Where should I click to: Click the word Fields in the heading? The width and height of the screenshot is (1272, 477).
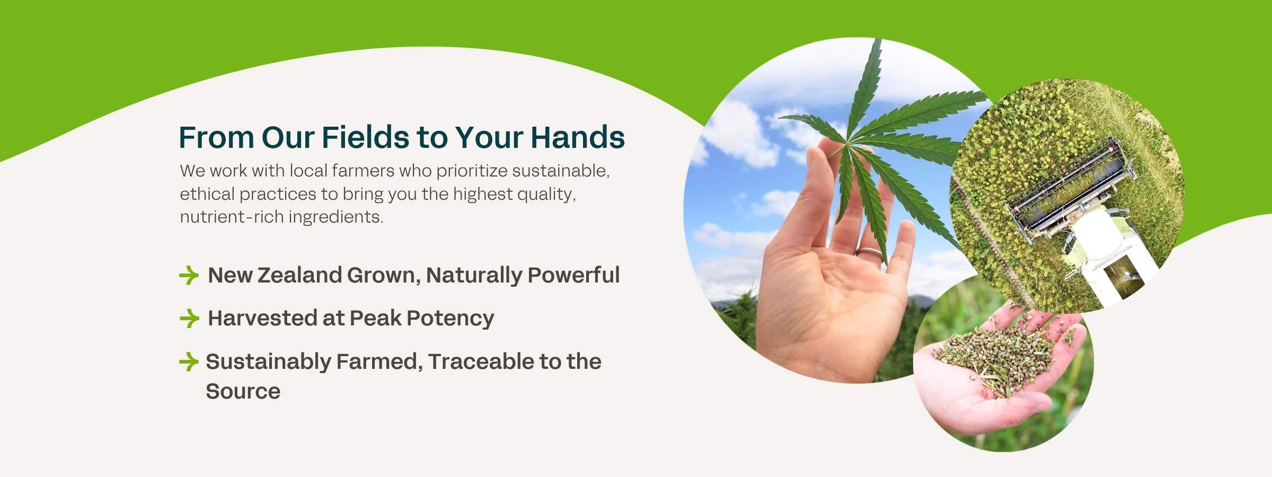tap(365, 137)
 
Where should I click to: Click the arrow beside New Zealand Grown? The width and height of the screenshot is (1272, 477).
tap(189, 275)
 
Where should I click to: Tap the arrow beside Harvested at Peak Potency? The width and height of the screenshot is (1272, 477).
tap(189, 318)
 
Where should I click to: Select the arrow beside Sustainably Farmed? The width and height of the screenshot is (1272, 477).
tap(189, 361)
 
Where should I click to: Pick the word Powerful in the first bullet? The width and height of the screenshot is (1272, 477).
tap(573, 275)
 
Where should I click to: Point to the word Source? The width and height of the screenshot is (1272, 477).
tap(243, 391)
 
